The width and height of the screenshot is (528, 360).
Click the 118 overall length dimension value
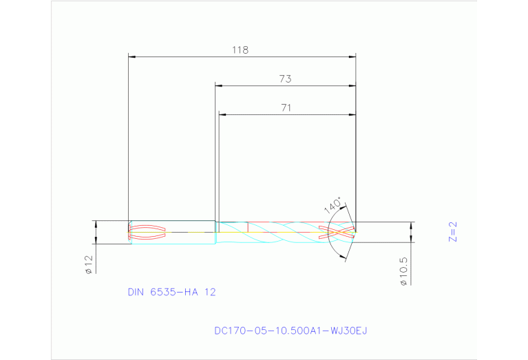(240, 50)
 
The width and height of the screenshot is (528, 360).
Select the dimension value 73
(285, 79)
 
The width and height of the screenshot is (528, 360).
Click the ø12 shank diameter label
(89, 265)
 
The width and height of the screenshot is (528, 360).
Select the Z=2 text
(452, 232)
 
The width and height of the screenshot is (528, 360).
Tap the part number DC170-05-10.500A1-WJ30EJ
(291, 330)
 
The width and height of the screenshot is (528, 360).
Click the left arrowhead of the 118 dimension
(133, 56)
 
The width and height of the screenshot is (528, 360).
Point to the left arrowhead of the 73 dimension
(219, 85)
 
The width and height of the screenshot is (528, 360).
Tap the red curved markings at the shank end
(147, 233)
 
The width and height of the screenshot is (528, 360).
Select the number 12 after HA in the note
(209, 292)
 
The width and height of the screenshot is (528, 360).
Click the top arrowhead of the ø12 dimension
(96, 224)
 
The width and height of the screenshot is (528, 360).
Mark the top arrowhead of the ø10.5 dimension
(412, 224)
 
